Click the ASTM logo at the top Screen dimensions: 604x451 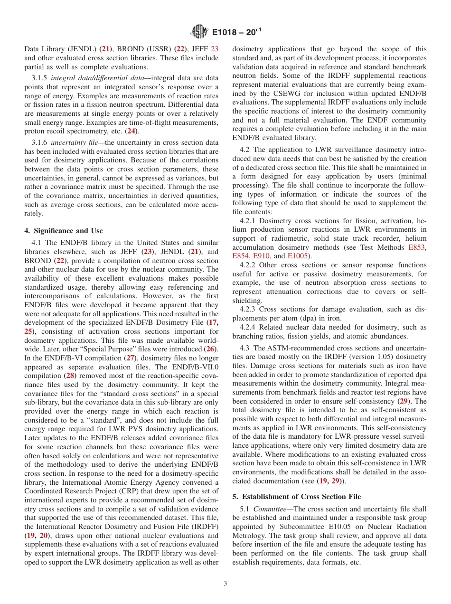[x=199, y=32]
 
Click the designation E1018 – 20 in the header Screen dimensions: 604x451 [x=236, y=32]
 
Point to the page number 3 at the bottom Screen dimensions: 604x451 [x=225, y=584]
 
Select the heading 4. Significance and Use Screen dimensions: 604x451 [x=64, y=231]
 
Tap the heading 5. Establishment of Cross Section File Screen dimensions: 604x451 [x=297, y=497]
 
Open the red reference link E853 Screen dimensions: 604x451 [x=417, y=247]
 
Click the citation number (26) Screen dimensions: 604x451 [x=211, y=349]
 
